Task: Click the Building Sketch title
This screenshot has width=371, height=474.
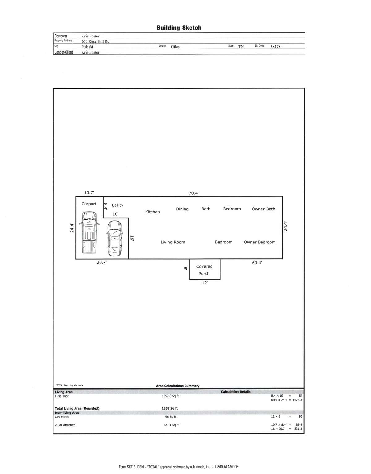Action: (179, 28)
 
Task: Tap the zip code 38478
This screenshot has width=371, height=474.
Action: (275, 46)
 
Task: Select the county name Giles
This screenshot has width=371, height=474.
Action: (175, 47)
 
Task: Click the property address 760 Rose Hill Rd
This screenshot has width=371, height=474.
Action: (96, 41)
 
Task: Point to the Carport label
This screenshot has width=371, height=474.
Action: (89, 204)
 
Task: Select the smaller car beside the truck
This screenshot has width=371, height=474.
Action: (114, 239)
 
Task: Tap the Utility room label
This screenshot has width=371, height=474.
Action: (117, 205)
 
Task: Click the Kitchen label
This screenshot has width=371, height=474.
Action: (152, 212)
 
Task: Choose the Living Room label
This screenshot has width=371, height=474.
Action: (173, 242)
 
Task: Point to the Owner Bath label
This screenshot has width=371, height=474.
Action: (263, 209)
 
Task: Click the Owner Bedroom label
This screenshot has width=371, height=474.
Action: (260, 242)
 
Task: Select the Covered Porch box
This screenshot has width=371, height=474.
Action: (205, 269)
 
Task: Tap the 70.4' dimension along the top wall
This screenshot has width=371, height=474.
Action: (194, 193)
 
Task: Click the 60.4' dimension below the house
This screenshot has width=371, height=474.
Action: (257, 263)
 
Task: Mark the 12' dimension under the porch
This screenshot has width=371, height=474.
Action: (205, 283)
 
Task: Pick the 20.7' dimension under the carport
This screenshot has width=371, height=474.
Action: (102, 262)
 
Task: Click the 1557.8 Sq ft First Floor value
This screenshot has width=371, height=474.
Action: (170, 396)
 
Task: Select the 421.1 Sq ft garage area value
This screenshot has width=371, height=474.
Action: (171, 425)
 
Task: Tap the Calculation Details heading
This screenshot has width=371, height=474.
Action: (236, 392)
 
